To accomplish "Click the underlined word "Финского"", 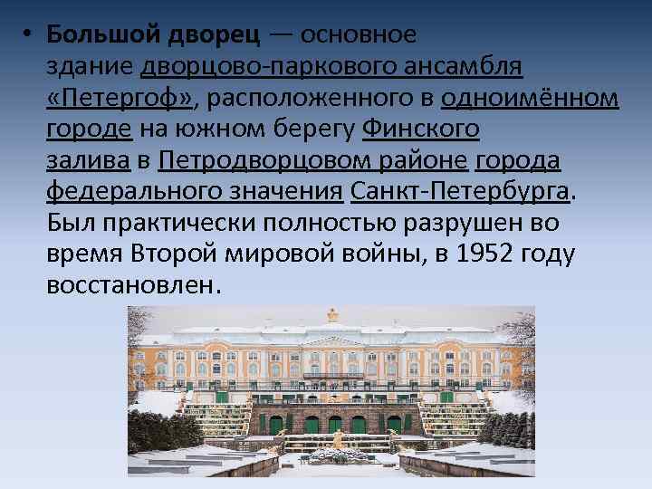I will tap(420, 129).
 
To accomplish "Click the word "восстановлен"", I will tap(131, 285).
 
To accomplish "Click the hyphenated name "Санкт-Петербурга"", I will tap(460, 192).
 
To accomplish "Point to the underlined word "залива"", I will tap(89, 161).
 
